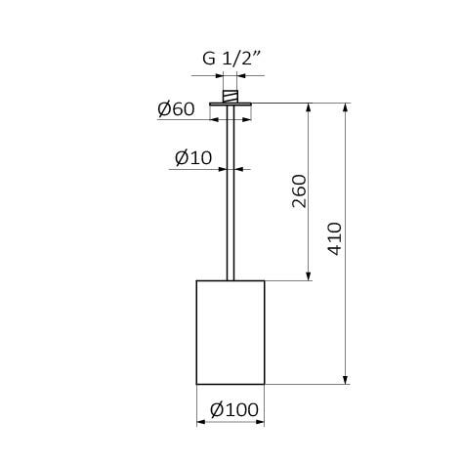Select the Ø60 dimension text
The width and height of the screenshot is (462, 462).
point(176,109)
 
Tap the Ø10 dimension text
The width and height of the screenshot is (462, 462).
point(193,157)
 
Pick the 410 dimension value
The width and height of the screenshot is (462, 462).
point(334,239)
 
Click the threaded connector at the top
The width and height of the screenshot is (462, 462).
point(231,96)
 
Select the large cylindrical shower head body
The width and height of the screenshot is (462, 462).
point(231,332)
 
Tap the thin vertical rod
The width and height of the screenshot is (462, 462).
point(231,195)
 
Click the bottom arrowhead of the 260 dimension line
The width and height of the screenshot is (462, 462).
point(310,276)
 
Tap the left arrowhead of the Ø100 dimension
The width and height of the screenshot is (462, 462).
point(200,422)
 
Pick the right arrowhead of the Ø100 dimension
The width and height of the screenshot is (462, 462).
point(261,422)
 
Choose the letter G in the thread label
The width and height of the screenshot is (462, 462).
point(209,58)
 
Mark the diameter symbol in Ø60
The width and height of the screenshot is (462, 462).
point(164,109)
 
